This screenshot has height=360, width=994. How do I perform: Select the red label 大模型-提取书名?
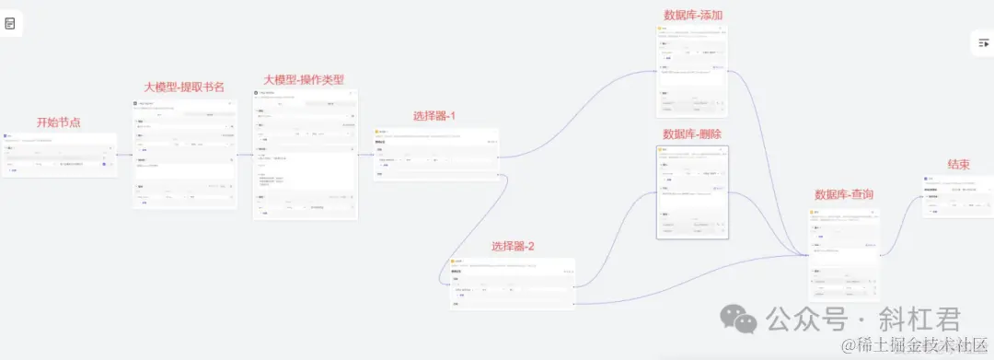pos(184,87)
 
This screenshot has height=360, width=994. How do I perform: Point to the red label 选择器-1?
pos(435,117)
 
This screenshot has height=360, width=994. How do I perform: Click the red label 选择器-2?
pos(513,246)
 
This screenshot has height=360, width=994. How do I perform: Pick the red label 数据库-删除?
pos(692,134)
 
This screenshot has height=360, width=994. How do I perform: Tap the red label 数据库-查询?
pos(844,194)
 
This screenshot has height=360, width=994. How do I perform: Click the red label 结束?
pos(958,164)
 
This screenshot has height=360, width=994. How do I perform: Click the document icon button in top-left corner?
pos(10,23)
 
